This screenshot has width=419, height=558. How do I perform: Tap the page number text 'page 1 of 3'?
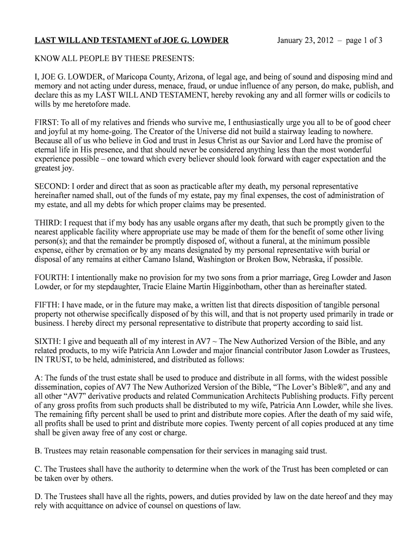364,41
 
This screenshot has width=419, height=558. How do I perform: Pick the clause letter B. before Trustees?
38,451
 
